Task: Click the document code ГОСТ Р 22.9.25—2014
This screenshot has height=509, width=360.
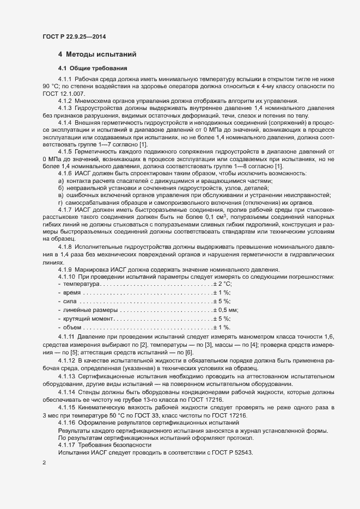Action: click(x=74, y=36)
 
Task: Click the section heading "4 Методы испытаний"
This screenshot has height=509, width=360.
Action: click(x=97, y=54)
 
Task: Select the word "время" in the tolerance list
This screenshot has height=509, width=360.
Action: click(x=72, y=293)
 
